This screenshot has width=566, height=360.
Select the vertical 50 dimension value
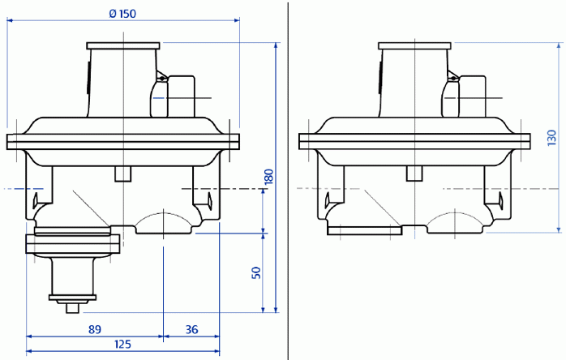coord(256,272)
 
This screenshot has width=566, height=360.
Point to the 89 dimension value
coord(95,328)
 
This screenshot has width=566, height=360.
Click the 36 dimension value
coord(191,328)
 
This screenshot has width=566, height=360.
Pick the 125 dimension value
coord(122,345)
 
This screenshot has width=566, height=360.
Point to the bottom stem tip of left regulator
coord(71,308)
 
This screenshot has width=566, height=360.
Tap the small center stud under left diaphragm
coord(123,174)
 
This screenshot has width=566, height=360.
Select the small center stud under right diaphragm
coord(415,174)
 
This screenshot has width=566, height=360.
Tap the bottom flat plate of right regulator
coord(364,230)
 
